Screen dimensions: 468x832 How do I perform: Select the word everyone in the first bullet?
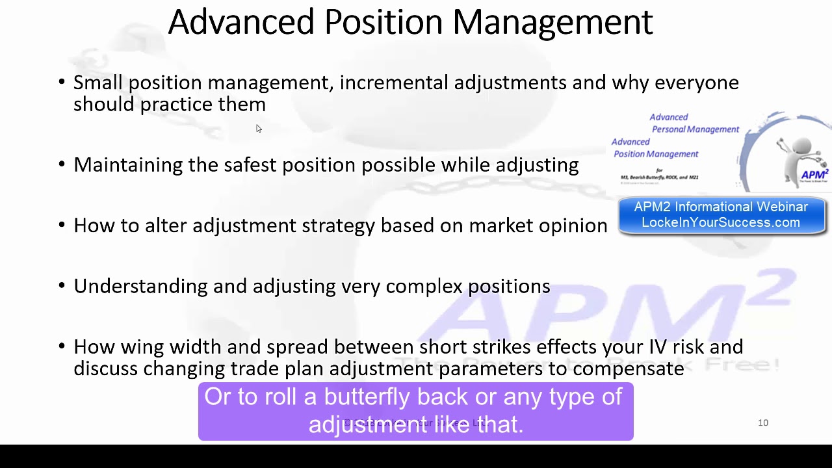pos(696,83)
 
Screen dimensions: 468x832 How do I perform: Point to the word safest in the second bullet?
pos(250,164)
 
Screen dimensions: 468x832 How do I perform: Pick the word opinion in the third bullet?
pos(573,226)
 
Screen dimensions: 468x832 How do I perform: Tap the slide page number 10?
pos(763,423)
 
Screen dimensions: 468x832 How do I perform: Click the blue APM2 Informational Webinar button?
pos(721,215)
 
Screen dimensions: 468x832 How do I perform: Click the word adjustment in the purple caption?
pos(367,424)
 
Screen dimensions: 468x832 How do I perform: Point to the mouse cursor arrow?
pos(258,129)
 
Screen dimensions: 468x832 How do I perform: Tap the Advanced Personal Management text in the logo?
pos(694,123)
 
